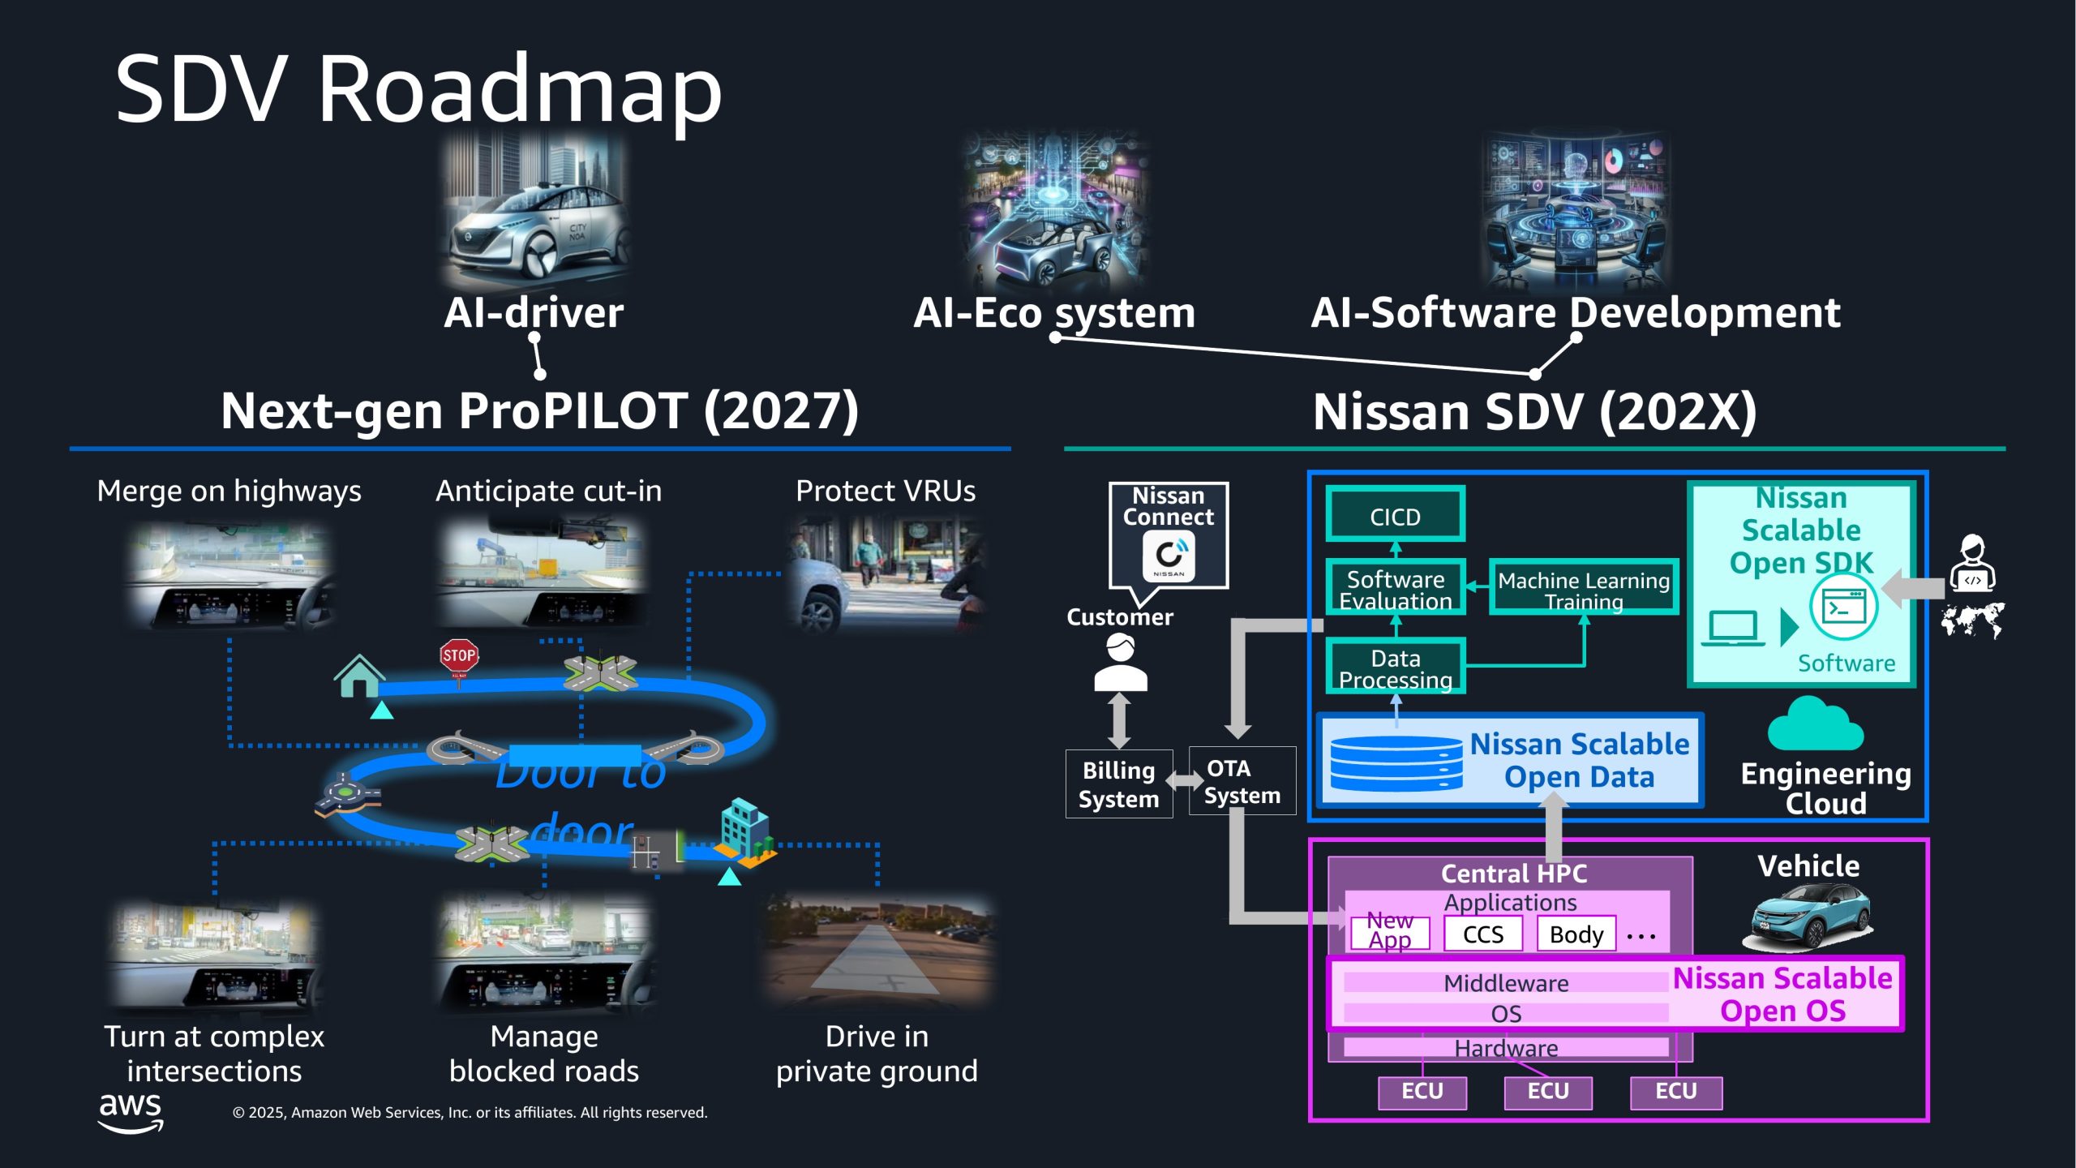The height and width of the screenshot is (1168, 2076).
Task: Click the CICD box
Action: tap(1395, 514)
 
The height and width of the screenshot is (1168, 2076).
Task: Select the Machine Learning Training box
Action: tap(1583, 587)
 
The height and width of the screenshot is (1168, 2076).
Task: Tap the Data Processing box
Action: tap(1395, 667)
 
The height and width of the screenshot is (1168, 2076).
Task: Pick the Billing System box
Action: tap(1118, 784)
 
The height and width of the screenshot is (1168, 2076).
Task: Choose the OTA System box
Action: tap(1242, 780)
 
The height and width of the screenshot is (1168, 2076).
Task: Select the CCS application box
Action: tap(1482, 934)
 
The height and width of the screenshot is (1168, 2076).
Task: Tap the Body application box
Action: tap(1576, 934)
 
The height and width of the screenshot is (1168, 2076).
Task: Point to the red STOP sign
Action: tap(459, 655)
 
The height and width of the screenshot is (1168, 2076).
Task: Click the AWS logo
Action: tap(131, 1111)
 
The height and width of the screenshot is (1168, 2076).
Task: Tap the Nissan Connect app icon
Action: tap(1169, 556)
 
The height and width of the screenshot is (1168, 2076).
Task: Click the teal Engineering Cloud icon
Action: tap(1815, 725)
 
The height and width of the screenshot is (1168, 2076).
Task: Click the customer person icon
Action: tap(1120, 663)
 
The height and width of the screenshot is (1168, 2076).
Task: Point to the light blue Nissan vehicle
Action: tap(1809, 917)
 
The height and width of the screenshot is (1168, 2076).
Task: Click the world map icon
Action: tap(1971, 620)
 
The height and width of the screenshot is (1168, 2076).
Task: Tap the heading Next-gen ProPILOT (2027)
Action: tap(539, 411)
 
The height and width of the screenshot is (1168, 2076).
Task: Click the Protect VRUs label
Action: tap(886, 492)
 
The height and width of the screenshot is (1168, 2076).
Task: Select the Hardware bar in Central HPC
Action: tap(1505, 1048)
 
